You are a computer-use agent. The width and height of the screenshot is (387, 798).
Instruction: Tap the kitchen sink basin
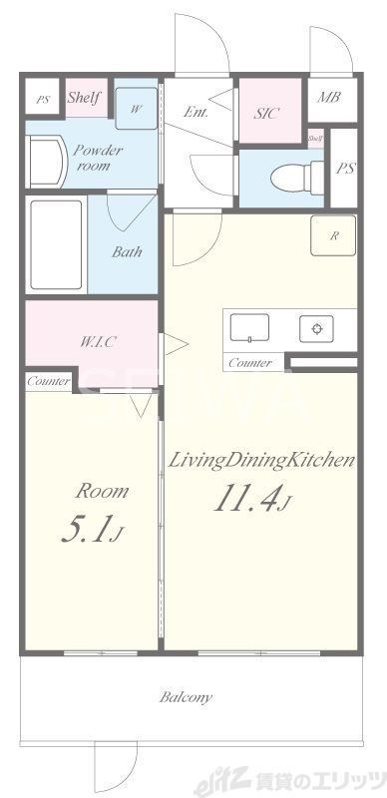(249, 327)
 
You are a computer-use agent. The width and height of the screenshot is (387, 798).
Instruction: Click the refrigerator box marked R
(333, 236)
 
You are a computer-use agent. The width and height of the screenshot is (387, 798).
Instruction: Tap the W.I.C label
(99, 341)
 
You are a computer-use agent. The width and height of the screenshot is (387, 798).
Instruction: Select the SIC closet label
(266, 113)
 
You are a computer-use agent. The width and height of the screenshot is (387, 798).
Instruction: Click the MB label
(328, 98)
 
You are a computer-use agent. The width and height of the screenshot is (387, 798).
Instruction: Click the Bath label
(127, 252)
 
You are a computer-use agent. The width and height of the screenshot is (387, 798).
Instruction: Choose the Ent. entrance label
(196, 113)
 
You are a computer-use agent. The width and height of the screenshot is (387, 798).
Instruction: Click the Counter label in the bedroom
(48, 381)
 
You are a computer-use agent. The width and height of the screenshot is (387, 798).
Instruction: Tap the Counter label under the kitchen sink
(249, 363)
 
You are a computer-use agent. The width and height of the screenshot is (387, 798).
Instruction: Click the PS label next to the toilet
(344, 168)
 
